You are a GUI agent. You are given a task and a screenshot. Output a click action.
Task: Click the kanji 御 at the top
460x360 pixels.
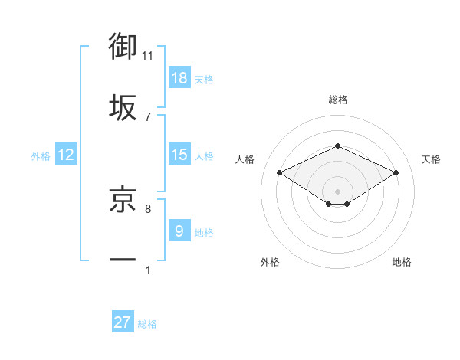coord(123,47)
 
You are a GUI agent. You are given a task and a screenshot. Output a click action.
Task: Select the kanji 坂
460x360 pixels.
coord(123,108)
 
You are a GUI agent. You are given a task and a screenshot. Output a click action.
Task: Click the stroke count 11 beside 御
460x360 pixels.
coord(148,55)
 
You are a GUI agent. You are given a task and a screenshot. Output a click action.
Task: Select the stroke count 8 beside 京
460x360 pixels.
coord(148,208)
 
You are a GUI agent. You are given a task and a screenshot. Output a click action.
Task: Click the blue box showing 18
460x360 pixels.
coord(179,78)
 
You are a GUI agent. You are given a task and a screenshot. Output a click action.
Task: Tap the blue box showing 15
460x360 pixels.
coord(179,155)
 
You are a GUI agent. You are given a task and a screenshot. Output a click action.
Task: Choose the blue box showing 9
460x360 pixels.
coord(179,231)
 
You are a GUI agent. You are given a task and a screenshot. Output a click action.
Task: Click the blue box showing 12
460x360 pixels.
coord(66,155)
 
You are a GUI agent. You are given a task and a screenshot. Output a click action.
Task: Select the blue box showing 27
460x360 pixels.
coord(123,322)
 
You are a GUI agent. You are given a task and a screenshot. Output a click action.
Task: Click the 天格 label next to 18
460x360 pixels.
coord(204,79)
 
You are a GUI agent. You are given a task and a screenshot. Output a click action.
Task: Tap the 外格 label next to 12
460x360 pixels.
coord(41,155)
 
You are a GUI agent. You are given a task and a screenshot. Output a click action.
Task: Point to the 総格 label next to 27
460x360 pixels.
coord(147,323)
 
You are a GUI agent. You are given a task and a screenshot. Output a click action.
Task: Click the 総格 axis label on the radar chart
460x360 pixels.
coord(337,100)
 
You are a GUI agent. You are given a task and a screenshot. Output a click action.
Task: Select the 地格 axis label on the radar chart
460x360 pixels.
coord(402,262)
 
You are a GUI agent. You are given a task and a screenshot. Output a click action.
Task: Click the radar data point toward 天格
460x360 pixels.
coord(396,173)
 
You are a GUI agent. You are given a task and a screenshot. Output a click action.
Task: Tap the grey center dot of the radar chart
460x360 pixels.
coord(337,191)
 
